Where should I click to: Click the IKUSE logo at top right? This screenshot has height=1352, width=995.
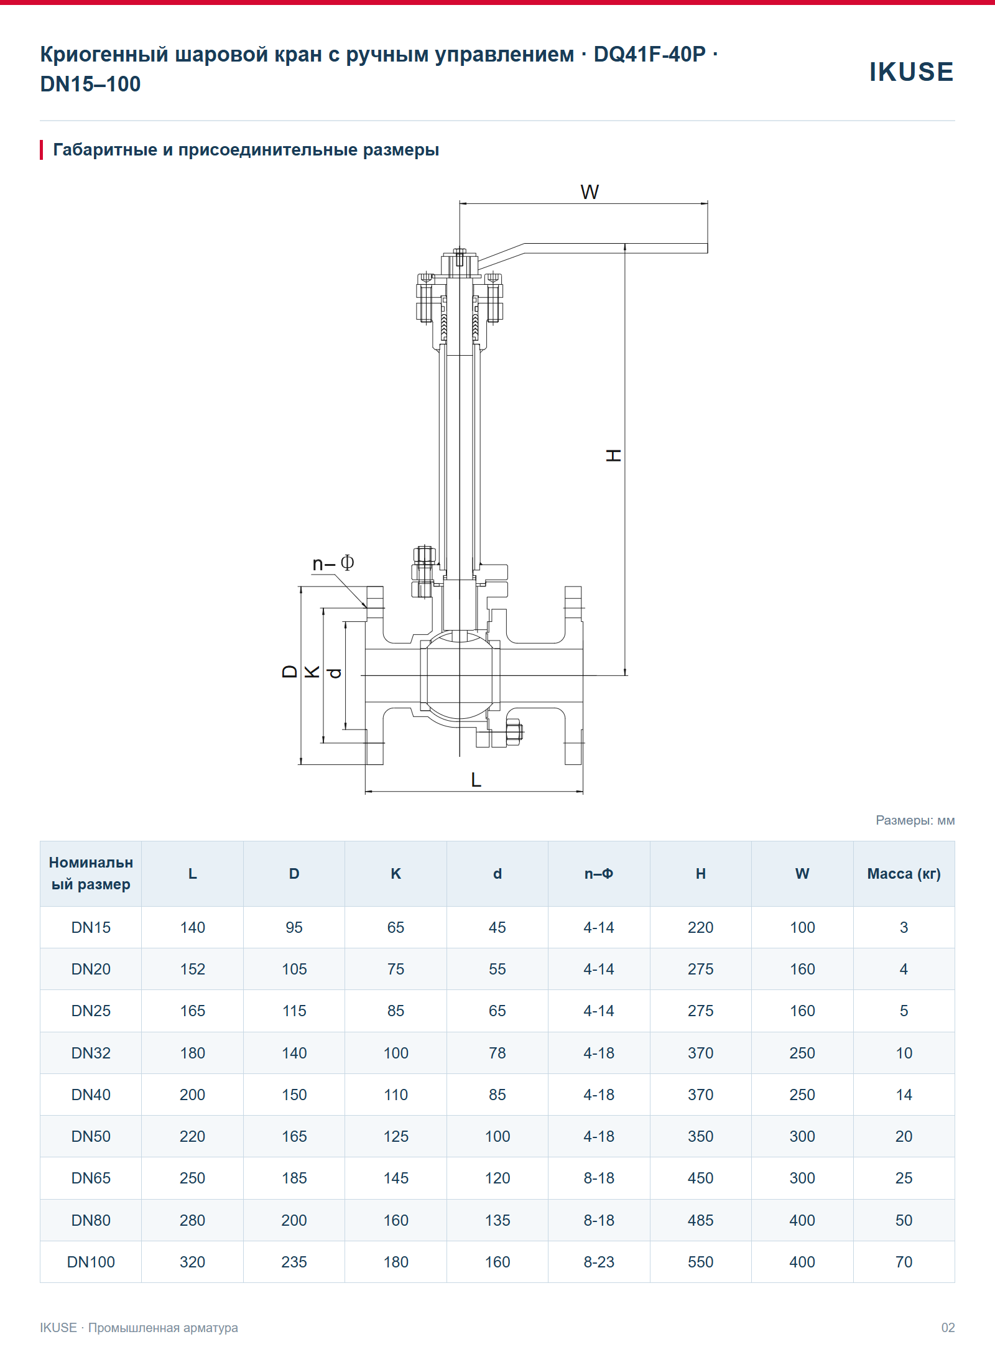pos(911,72)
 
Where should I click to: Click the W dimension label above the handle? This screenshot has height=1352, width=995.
pos(590,192)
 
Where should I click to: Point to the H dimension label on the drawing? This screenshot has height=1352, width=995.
pos(613,455)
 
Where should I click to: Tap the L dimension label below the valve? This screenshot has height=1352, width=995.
pos(476,780)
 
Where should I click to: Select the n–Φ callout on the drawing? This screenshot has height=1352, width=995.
pos(333,563)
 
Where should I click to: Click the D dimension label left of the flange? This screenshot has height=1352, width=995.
pos(290,671)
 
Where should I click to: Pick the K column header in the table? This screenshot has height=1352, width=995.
pos(396,874)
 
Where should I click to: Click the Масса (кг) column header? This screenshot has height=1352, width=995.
pos(904,874)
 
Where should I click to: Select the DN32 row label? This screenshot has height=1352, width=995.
pos(91,1053)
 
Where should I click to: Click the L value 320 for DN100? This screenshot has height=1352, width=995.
pos(192,1262)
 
